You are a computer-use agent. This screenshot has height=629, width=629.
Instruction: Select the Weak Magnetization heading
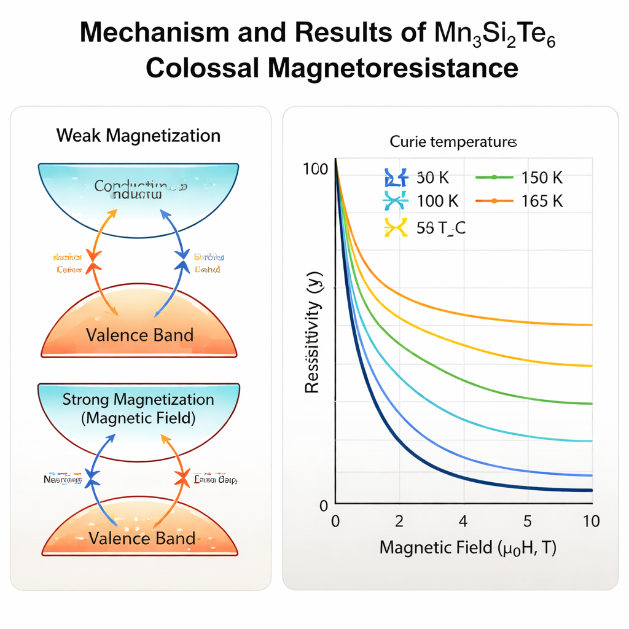pyautogui.click(x=138, y=135)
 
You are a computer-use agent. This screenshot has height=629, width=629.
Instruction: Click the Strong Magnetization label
pyautogui.click(x=138, y=400)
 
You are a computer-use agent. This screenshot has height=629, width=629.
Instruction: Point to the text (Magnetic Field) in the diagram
pyautogui.click(x=138, y=419)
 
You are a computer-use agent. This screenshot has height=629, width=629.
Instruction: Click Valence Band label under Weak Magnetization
pyautogui.click(x=139, y=335)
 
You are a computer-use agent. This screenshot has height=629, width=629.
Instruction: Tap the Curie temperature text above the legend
pyautogui.click(x=453, y=143)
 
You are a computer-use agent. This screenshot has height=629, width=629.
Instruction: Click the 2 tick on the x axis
pyautogui.click(x=399, y=522)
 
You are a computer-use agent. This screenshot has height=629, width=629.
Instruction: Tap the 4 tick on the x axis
pyautogui.click(x=463, y=522)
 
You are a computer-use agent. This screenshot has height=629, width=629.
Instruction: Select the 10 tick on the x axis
pyautogui.click(x=591, y=522)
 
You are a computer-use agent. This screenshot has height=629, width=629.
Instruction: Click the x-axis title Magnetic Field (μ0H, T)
pyautogui.click(x=468, y=547)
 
